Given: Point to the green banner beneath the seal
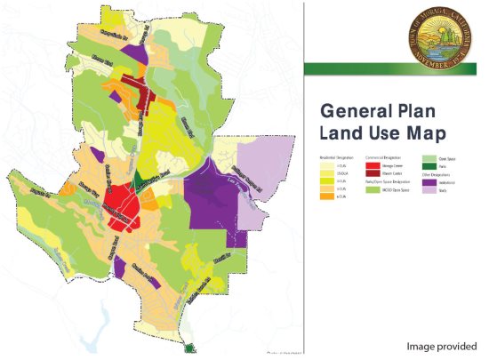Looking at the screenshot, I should tap(396, 68).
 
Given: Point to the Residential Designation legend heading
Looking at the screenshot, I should tap(335, 156).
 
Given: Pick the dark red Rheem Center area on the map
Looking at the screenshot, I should tap(141, 89).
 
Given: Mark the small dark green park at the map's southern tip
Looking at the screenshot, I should tap(188, 348).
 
